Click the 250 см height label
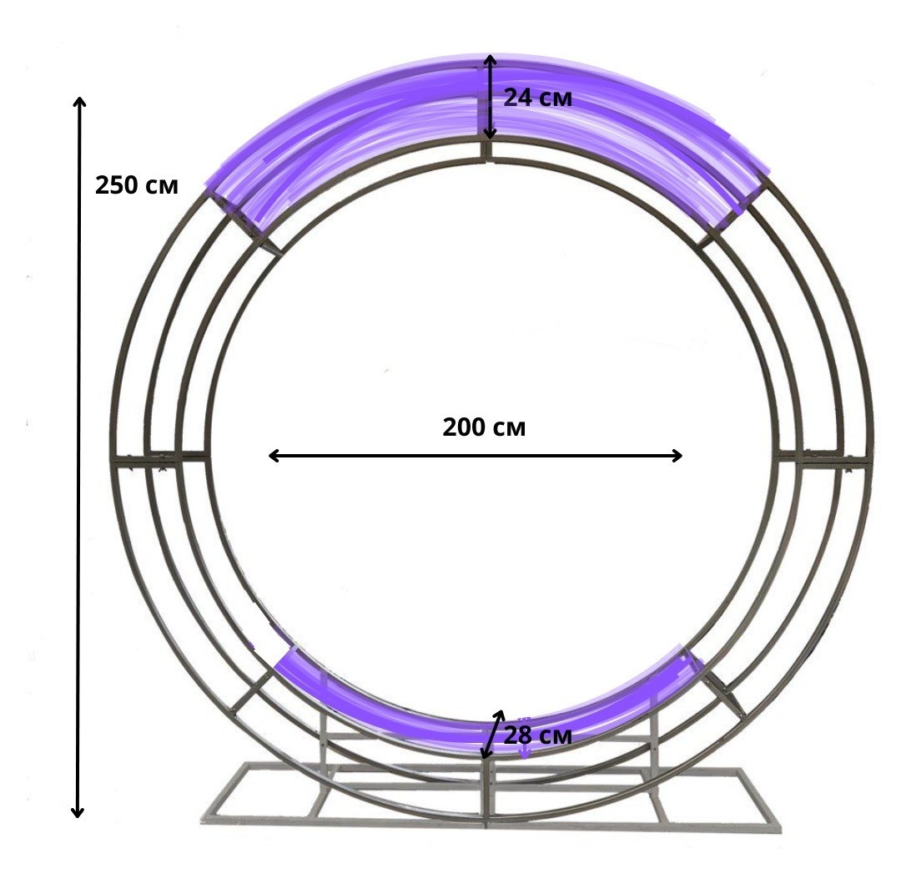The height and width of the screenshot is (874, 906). point(136,185)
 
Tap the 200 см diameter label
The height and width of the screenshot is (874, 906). point(484,427)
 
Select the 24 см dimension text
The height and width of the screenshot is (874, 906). point(537,97)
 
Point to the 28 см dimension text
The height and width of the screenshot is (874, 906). point(537,735)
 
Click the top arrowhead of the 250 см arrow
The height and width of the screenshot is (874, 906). point(79,103)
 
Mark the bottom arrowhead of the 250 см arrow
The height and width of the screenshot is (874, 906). point(78,812)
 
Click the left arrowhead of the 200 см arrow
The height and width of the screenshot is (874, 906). point(274,456)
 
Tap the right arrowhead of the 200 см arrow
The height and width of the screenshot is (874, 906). point(677,456)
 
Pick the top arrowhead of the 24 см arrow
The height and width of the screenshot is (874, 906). point(490,60)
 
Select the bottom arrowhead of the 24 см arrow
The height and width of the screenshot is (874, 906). point(490,134)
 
